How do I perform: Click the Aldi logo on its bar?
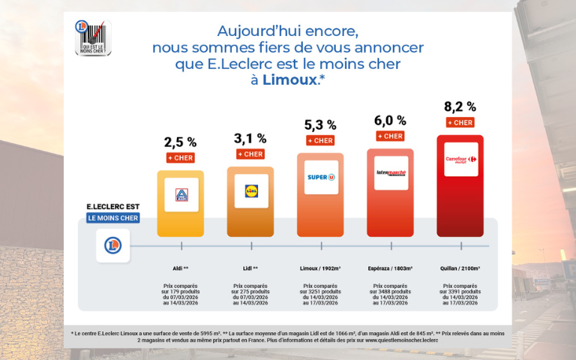click(181, 194)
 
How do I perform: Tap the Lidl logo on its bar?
click(250, 190)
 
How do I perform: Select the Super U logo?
click(320, 177)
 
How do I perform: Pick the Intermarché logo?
click(390, 172)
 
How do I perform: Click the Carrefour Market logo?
click(460, 159)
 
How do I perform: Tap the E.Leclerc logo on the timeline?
click(112, 247)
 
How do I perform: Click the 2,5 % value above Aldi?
click(181, 141)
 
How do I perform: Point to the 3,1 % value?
click(250, 138)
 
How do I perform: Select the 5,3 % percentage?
click(320, 124)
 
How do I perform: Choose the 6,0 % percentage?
click(390, 120)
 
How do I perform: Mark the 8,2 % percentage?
click(460, 106)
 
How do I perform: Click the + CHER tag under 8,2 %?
click(460, 122)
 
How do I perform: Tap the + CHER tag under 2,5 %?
click(181, 157)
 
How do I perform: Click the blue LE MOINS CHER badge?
click(112, 218)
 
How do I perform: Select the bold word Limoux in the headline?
click(289, 81)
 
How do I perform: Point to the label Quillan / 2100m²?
click(460, 266)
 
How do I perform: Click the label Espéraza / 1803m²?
click(390, 266)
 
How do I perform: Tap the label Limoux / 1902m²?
click(320, 266)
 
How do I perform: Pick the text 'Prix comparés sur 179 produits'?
click(181, 289)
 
